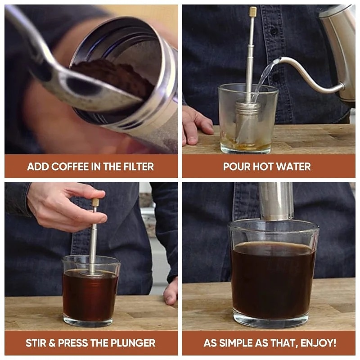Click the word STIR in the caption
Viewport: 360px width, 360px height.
(36, 343)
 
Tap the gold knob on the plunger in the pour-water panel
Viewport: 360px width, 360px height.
(253, 12)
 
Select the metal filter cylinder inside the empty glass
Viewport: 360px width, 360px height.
(247, 121)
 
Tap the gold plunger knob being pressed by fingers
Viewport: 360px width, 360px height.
(95, 202)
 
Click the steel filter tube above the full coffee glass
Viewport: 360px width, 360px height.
(276, 200)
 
